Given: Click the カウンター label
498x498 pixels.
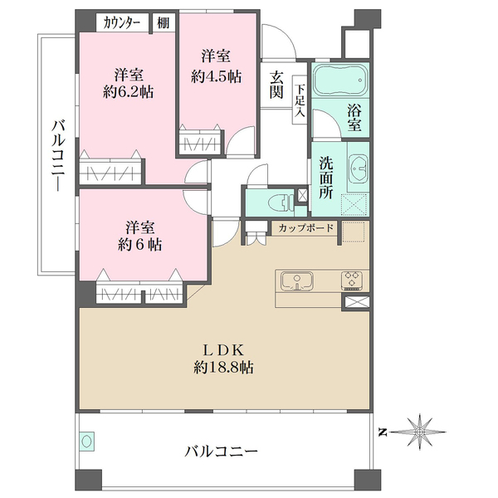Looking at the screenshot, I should [x=123, y=23].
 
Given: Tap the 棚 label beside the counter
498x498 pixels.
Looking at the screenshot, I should [x=163, y=23].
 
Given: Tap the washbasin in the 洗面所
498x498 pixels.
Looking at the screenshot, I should [x=359, y=168].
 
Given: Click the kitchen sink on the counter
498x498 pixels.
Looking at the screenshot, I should [x=296, y=281].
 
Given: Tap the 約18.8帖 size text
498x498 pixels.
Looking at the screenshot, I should [x=224, y=366].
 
